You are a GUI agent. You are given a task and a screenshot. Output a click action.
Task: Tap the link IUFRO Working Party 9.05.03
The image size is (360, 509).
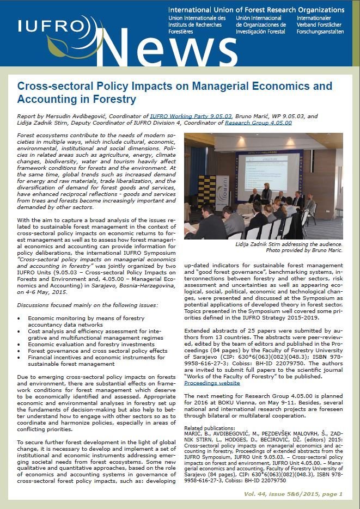pos(191,116)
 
